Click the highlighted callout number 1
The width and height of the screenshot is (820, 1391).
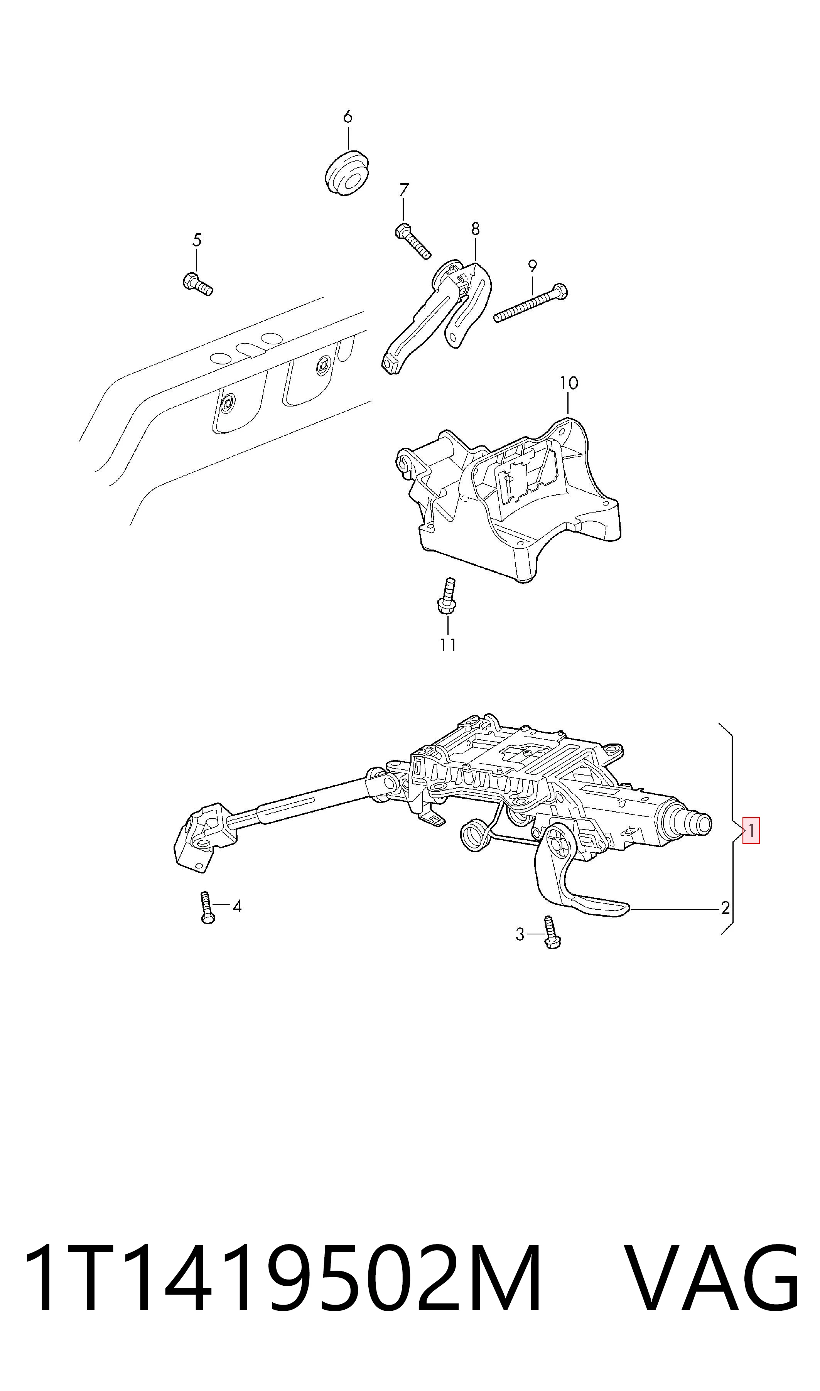(x=751, y=830)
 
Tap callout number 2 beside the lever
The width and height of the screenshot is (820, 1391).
(x=725, y=908)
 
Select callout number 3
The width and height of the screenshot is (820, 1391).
(x=520, y=934)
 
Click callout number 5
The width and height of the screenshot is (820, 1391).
(x=197, y=240)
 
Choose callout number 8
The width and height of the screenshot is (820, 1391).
(x=475, y=228)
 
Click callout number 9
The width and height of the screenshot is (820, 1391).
(x=532, y=266)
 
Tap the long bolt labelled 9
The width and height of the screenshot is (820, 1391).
(x=530, y=303)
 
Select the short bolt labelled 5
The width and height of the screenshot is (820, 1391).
(x=197, y=284)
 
